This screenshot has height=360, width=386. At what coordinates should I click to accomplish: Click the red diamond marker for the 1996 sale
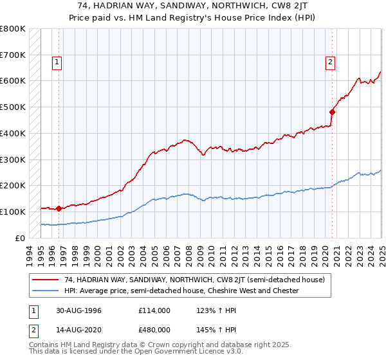(x=59, y=208)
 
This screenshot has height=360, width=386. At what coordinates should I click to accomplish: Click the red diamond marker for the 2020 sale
(x=333, y=112)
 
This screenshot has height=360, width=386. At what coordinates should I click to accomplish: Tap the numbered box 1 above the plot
(x=57, y=62)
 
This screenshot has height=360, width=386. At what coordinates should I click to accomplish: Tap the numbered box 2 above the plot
(x=330, y=62)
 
